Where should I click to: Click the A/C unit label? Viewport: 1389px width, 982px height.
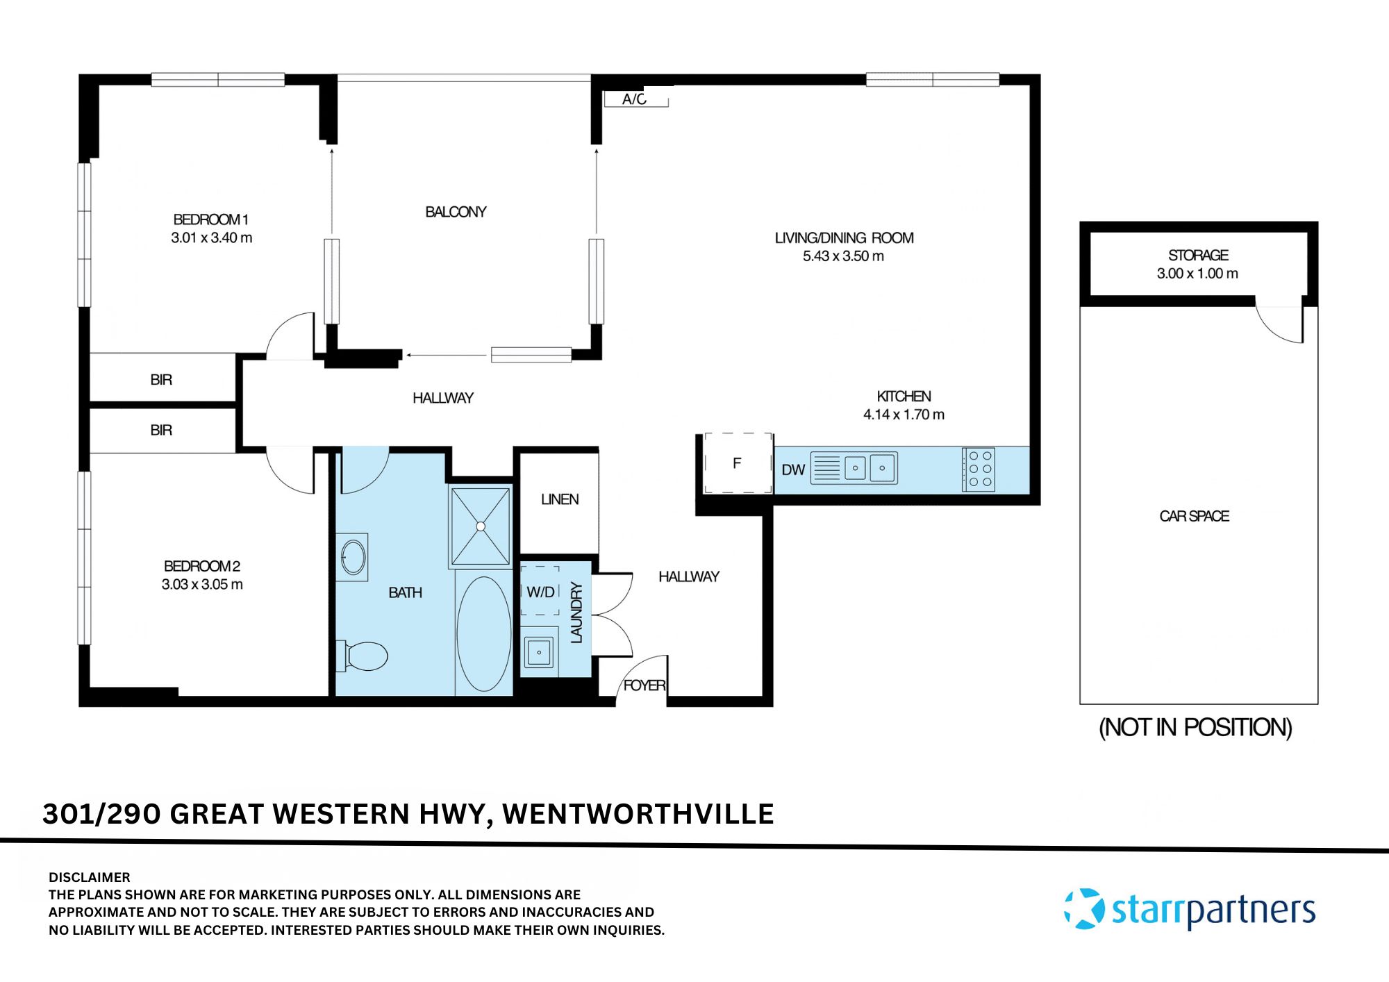point(634,99)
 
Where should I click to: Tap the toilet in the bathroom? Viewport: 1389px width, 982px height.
point(364,656)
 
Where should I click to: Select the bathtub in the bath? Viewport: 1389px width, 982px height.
point(483,633)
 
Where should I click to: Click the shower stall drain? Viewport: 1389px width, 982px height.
point(481,526)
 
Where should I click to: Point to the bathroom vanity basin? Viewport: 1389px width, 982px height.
point(353,557)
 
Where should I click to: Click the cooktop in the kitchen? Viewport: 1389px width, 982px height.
point(979,469)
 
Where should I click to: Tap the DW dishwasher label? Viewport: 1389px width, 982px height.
point(792,470)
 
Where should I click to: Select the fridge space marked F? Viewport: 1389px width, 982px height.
point(738,463)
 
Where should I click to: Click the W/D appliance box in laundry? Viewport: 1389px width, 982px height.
point(540,592)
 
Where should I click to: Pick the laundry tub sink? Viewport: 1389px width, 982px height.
point(539,652)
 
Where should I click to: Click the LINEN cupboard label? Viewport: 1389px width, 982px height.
point(560,499)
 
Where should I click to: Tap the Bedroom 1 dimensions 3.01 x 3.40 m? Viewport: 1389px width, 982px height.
point(212,238)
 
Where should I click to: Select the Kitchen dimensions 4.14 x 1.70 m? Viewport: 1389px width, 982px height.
point(904,415)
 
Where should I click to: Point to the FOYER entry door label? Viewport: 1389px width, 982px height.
point(644,685)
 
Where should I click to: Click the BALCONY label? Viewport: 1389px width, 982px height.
point(456,212)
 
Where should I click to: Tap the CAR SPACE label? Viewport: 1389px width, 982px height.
point(1194,516)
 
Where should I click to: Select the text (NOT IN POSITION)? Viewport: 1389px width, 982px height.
point(1195,727)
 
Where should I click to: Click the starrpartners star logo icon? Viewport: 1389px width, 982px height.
point(1085,908)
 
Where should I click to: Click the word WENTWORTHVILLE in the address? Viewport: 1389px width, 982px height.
point(638,814)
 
